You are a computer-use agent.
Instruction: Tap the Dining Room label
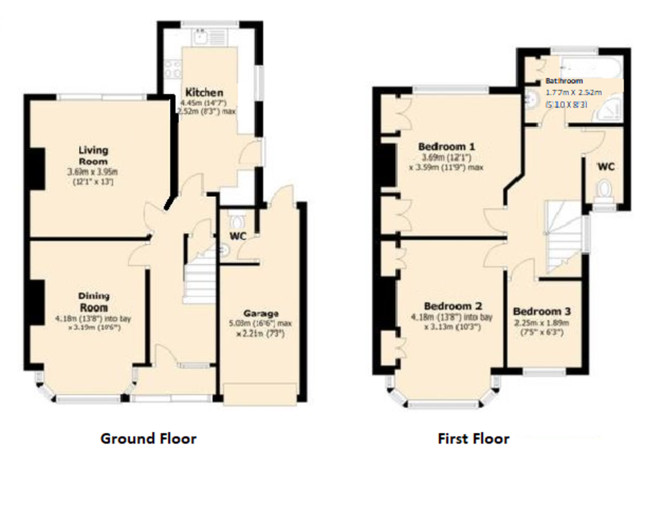click(93, 302)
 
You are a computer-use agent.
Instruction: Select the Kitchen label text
click(204, 92)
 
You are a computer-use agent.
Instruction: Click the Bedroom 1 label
click(447, 147)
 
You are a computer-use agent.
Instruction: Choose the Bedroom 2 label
click(453, 306)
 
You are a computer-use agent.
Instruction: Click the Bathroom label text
click(564, 81)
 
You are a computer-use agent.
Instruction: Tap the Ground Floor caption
click(148, 439)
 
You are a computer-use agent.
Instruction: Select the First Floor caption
click(473, 439)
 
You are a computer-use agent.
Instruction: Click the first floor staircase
click(563, 238)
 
